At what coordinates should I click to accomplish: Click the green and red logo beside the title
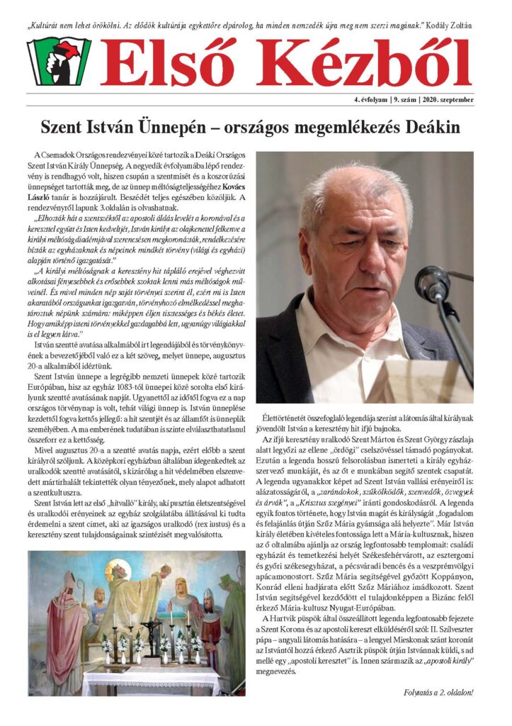(x=59, y=62)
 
